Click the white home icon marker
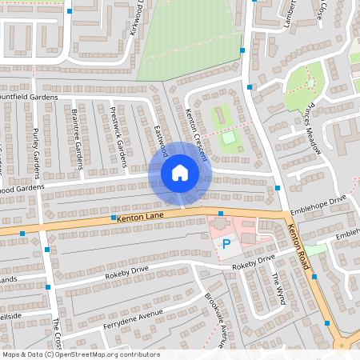[180, 173]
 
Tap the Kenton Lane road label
[140, 217]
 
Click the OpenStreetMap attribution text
[80, 354]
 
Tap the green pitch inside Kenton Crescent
[230, 138]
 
